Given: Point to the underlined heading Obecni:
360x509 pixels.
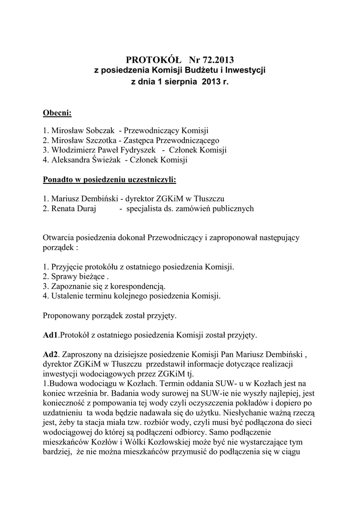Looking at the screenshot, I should click(58, 113).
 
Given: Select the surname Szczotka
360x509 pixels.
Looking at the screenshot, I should click(100, 141).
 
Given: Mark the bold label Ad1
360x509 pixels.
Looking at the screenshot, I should click(51, 335).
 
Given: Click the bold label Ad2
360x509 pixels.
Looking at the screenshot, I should click(51, 354).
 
